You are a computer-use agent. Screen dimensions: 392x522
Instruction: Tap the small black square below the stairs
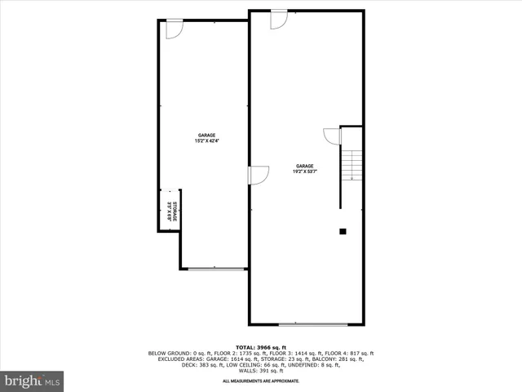pyautogui.click(x=343, y=231)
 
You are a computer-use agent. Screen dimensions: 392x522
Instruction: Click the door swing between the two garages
pyautogui.click(x=259, y=175)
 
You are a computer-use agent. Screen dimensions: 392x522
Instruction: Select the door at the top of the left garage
pyautogui.click(x=174, y=29)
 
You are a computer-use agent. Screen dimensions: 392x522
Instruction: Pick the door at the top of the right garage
pyautogui.click(x=279, y=19)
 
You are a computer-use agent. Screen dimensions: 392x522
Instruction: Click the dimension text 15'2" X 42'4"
pyautogui.click(x=206, y=141)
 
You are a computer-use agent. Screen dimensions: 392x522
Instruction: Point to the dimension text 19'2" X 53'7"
pyautogui.click(x=305, y=171)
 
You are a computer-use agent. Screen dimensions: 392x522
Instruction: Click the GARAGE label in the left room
pyautogui.click(x=206, y=136)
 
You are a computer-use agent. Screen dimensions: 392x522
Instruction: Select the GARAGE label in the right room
pyautogui.click(x=305, y=166)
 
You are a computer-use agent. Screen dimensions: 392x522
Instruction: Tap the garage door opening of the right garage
pyautogui.click(x=304, y=323)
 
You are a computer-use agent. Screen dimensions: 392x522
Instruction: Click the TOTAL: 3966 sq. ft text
pyautogui.click(x=260, y=347)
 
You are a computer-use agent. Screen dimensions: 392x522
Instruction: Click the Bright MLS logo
pyautogui.click(x=32, y=381)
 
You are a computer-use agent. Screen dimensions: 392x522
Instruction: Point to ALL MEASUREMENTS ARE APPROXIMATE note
pyautogui.click(x=260, y=381)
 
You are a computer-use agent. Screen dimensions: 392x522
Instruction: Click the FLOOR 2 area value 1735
pyautogui.click(x=226, y=353)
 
